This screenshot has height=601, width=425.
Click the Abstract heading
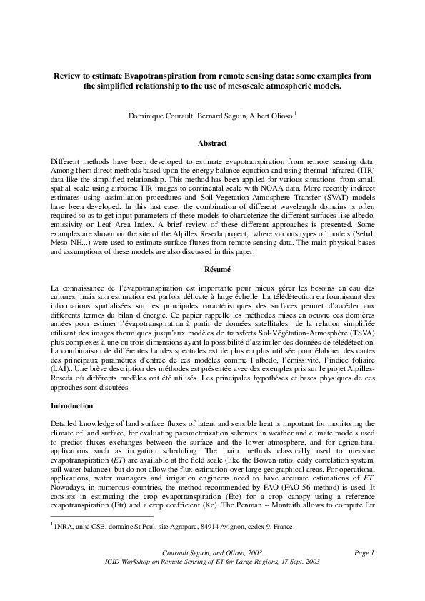212,143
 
